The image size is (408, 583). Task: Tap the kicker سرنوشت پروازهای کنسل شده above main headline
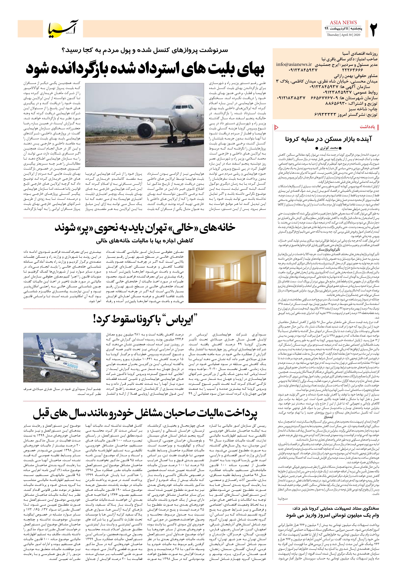click(145, 50)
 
